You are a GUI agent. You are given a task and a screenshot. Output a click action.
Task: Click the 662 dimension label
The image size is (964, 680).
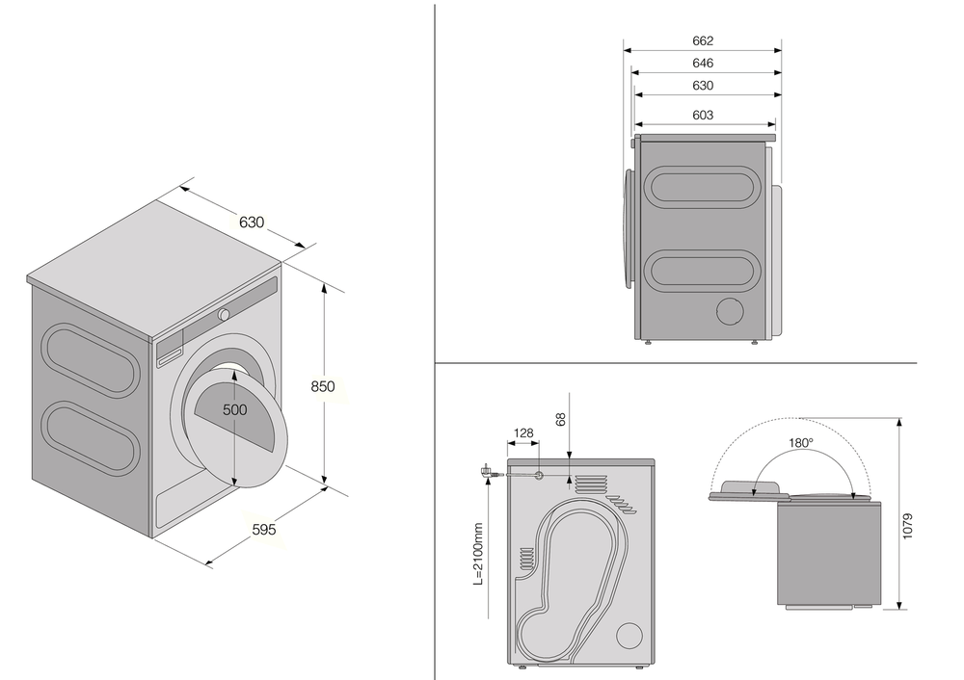click(x=703, y=40)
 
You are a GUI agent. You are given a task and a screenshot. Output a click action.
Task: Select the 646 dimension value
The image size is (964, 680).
click(x=703, y=63)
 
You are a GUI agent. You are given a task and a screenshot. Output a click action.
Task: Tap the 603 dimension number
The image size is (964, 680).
click(x=703, y=115)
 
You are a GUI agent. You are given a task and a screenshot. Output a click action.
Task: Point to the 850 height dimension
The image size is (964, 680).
click(x=323, y=386)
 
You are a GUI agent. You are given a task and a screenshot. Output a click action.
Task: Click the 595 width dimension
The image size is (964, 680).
click(x=264, y=529)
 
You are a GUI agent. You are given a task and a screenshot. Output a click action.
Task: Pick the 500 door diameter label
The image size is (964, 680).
click(x=235, y=409)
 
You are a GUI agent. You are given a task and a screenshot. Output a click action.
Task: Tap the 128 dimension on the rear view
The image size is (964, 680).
click(x=522, y=433)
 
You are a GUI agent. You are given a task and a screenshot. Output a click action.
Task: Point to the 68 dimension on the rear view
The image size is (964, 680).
click(x=561, y=420)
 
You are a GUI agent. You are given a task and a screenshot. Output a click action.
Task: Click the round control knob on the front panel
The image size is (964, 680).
click(x=224, y=314)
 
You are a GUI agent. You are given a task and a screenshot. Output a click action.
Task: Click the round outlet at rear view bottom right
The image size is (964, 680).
click(x=629, y=636)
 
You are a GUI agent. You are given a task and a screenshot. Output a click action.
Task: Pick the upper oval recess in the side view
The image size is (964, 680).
click(x=699, y=186)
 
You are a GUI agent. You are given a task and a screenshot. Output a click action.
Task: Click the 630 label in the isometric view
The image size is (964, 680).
click(x=251, y=222)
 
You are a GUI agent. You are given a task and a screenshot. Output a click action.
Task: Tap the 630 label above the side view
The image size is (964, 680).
click(x=703, y=86)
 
